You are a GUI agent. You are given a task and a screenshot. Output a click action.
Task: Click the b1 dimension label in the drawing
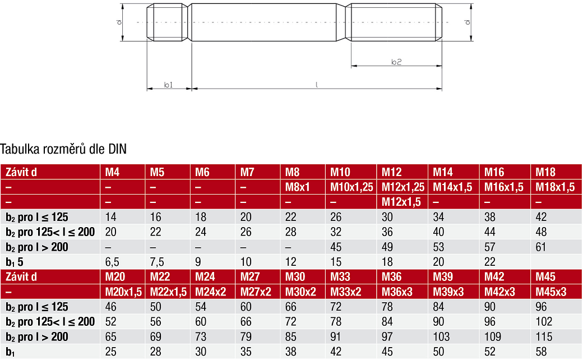coord(168,85)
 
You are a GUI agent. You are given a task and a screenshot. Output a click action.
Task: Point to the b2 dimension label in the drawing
coord(396,62)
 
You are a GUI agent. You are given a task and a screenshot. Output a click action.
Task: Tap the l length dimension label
coord(316,85)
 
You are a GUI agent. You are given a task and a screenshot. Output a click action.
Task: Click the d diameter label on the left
coord(119,22)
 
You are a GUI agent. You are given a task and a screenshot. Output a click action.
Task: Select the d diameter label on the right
coord(468,22)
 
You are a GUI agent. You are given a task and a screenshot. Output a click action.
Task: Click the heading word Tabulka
coord(20,149)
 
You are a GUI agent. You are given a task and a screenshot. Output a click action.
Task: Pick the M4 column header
coord(112,172)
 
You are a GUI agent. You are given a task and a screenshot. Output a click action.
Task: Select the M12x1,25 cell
coord(403,187)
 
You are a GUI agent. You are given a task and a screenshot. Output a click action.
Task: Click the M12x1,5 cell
coord(401,202)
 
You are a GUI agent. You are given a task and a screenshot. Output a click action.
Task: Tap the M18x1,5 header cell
coord(555,187)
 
